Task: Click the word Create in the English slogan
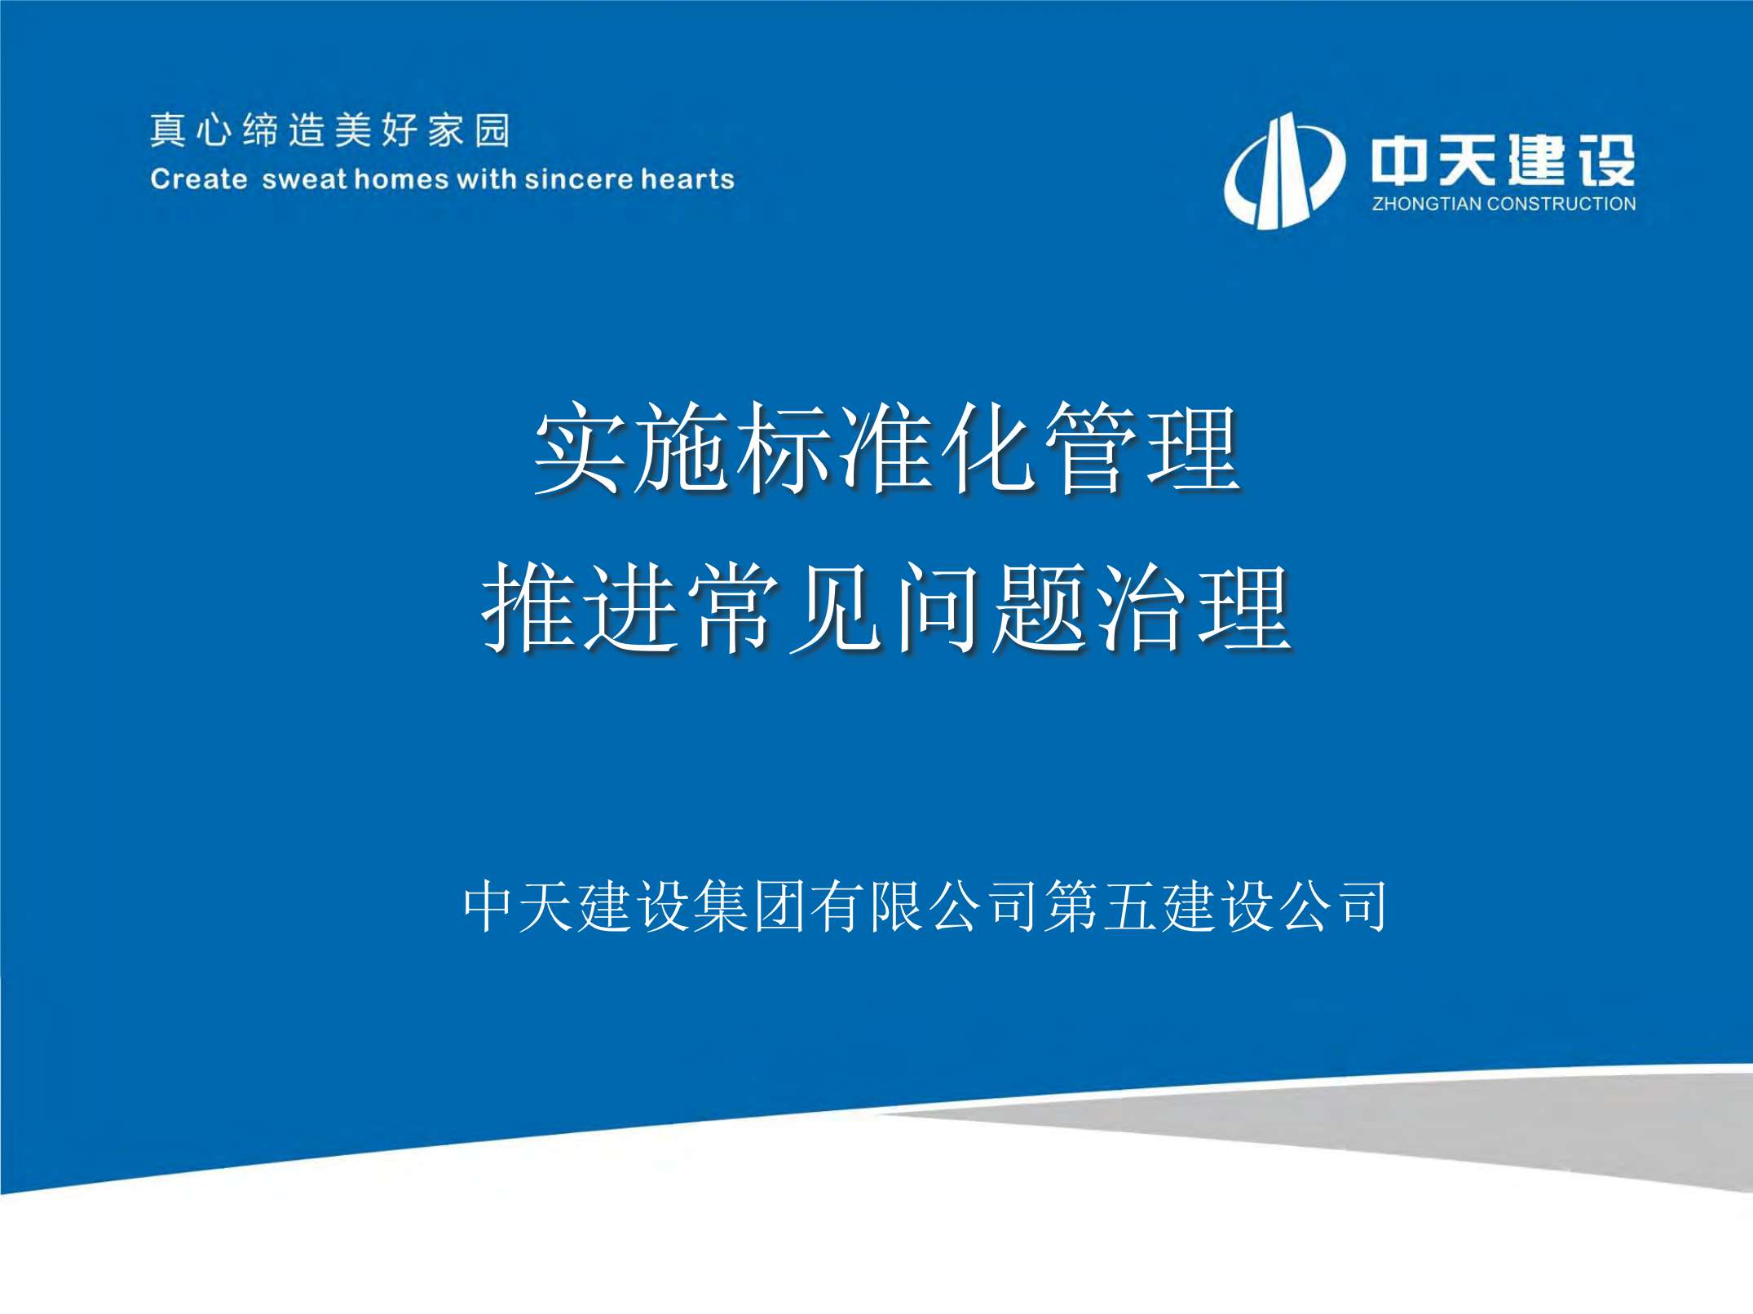tap(199, 179)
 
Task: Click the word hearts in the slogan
tap(687, 179)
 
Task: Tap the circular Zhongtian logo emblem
tap(1283, 171)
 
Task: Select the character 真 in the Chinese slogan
tap(167, 130)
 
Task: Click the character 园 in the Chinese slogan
tap(493, 130)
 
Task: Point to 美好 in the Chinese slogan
tap(377, 130)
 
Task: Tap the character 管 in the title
tap(1091, 448)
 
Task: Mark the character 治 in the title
tap(1141, 607)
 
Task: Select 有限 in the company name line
tap(868, 906)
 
